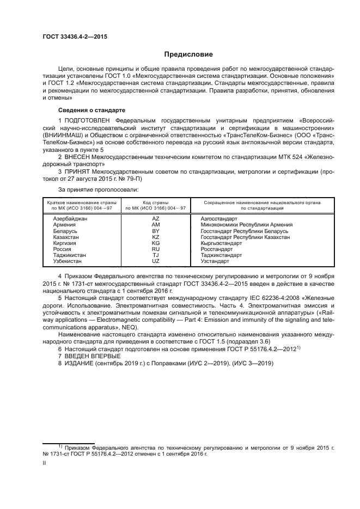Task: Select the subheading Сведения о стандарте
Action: click(x=83, y=110)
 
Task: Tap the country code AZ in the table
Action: click(x=155, y=218)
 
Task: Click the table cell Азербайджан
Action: click(x=70, y=218)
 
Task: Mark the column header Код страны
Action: click(x=155, y=202)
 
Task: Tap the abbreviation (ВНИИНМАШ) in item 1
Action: click(x=60, y=132)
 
